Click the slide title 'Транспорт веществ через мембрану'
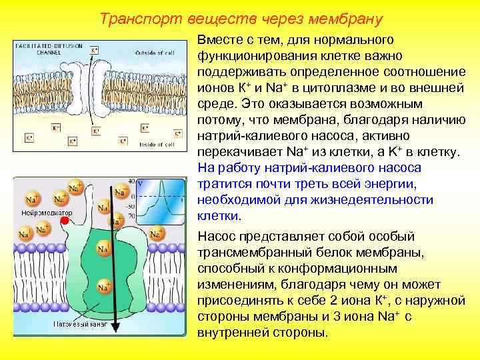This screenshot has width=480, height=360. (241, 18)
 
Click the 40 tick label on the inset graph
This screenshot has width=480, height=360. (131, 181)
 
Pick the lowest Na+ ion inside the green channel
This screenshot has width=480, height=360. (103, 287)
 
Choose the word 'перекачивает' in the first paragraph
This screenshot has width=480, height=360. (235, 152)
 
